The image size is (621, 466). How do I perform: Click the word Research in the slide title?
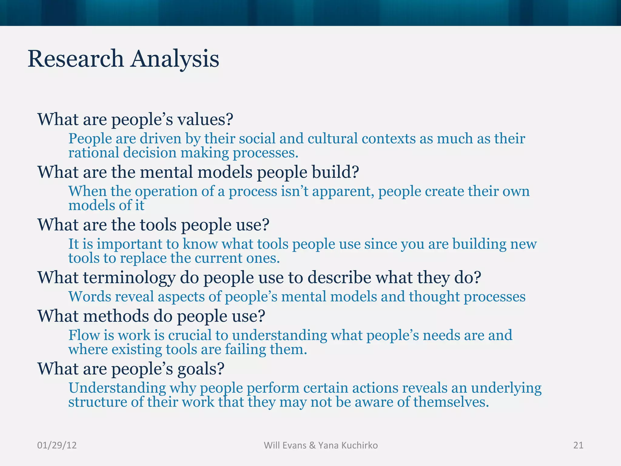[x=76, y=59]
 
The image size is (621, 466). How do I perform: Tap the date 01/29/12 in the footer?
[x=57, y=445]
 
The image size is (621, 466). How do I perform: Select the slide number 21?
[x=578, y=445]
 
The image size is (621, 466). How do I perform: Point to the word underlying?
[x=506, y=388]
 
